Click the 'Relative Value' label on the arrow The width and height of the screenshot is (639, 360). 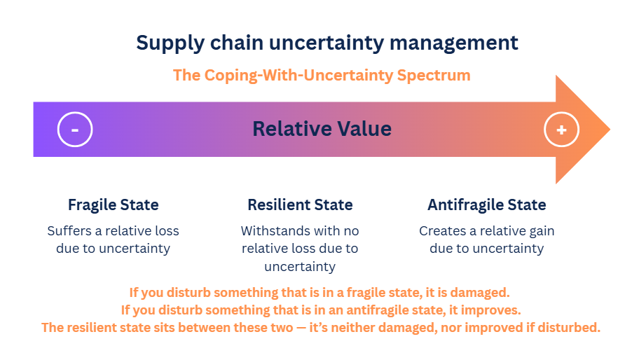(322, 129)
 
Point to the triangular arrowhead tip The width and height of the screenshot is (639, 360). (610, 130)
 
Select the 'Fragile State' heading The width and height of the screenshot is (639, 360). (114, 205)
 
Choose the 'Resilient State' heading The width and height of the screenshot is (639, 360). (301, 205)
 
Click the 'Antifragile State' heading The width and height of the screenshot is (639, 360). (487, 205)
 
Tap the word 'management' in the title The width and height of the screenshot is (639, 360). (453, 43)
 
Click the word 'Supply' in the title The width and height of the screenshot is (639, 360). (170, 43)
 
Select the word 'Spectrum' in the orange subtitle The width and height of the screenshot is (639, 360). (434, 76)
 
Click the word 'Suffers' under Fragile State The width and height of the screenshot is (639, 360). (69, 231)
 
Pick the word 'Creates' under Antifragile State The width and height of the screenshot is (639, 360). (443, 231)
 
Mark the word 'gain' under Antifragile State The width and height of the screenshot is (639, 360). (541, 231)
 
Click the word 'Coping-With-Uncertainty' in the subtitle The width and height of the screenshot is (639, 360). (298, 76)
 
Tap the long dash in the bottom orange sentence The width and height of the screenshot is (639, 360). (301, 328)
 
